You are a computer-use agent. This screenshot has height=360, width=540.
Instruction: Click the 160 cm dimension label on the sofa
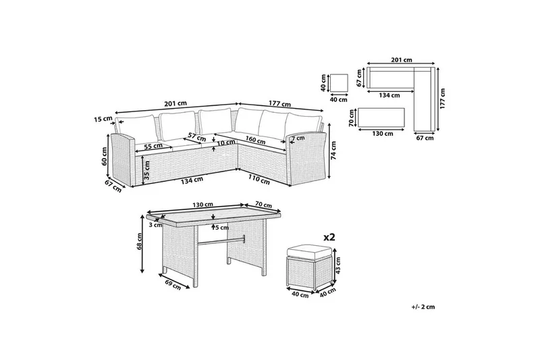(255, 140)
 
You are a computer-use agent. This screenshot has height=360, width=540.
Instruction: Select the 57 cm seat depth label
(197, 136)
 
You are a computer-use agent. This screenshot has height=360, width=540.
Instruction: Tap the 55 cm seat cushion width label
(153, 146)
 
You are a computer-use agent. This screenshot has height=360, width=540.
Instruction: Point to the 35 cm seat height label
(147, 170)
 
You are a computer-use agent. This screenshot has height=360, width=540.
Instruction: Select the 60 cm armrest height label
(105, 156)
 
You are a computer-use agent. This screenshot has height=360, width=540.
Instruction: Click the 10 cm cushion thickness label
(227, 143)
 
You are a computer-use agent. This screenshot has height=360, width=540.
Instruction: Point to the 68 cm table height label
(140, 242)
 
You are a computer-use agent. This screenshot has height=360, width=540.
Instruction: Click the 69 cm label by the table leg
(172, 284)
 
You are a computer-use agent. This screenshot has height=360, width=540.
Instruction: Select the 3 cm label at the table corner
(156, 226)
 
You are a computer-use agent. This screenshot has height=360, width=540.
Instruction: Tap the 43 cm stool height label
(338, 265)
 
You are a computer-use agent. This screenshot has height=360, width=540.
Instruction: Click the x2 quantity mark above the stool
(329, 237)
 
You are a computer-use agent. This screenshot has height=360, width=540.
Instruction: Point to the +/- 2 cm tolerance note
(423, 307)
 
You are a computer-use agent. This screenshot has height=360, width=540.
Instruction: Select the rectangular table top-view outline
(381, 118)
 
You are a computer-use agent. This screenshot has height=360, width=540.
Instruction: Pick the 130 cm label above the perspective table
(203, 205)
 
